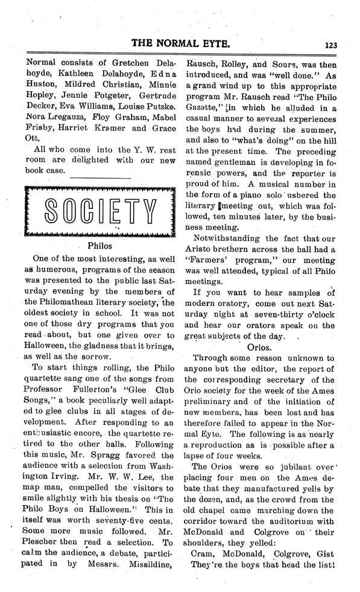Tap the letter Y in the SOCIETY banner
[x=153, y=211]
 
